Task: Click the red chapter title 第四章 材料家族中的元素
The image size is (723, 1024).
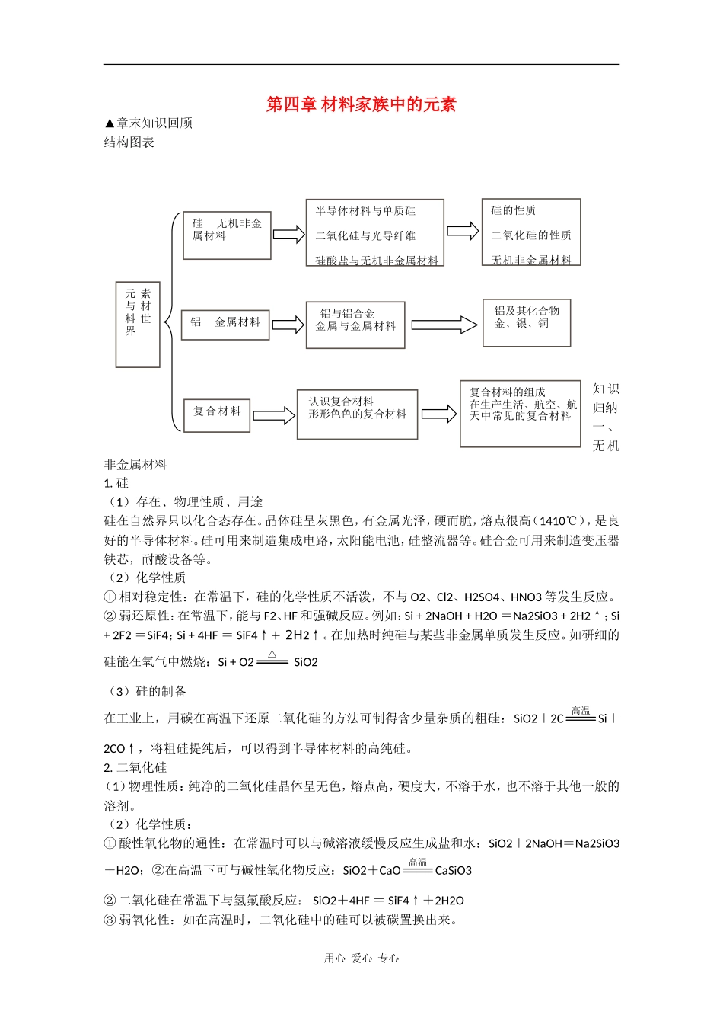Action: [x=361, y=104]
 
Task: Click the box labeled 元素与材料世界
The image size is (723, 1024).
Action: [x=138, y=324]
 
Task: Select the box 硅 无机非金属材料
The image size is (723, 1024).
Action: [x=228, y=235]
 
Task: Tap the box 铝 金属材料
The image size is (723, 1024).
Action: [x=226, y=323]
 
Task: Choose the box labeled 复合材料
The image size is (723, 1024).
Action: [x=217, y=415]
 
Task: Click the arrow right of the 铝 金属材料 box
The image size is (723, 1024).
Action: [x=288, y=325]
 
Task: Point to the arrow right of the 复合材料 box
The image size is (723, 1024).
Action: [x=273, y=415]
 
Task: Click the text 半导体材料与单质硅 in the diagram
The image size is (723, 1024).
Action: [x=366, y=211]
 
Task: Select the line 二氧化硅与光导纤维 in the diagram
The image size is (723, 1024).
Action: [x=366, y=235]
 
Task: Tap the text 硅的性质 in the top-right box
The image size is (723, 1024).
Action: [x=513, y=210]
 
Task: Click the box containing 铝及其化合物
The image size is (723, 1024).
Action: [x=527, y=322]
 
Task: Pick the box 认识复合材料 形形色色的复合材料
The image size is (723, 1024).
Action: [x=357, y=414]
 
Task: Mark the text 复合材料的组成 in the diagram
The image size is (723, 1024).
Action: [x=507, y=392]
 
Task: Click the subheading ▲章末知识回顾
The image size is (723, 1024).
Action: [x=148, y=123]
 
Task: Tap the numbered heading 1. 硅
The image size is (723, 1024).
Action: [x=116, y=483]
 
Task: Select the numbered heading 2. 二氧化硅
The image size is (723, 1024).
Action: [x=135, y=767]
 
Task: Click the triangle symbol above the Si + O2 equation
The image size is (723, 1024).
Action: [x=272, y=654]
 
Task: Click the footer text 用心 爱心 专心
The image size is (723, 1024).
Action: [x=361, y=958]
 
